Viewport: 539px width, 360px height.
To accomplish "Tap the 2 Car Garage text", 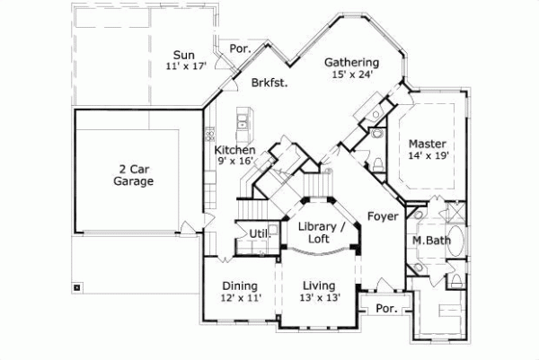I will [x=133, y=174].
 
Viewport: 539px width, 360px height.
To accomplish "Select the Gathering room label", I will [x=351, y=62].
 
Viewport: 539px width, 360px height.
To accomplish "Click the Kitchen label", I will [x=234, y=150].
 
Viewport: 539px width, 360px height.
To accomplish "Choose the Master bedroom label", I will [x=428, y=144].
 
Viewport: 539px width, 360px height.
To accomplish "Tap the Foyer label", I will [x=383, y=215].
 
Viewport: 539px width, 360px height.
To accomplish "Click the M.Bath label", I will [x=430, y=241].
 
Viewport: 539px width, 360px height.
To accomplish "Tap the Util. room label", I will [x=260, y=233].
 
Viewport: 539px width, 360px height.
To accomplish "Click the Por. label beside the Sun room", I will [x=240, y=48].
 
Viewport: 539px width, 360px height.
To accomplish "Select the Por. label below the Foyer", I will [x=386, y=307].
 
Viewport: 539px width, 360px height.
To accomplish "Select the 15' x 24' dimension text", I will [x=351, y=75].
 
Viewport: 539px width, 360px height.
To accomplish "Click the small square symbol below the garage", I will [x=77, y=288].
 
